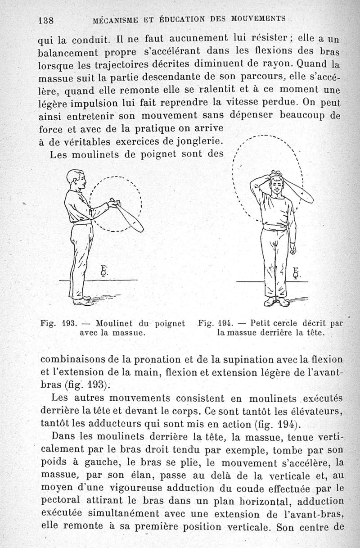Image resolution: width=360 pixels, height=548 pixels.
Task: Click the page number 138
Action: click(x=46, y=20)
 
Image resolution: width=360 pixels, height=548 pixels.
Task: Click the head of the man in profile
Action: click(x=76, y=180)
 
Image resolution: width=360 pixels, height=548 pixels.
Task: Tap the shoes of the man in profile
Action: click(x=82, y=301)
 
